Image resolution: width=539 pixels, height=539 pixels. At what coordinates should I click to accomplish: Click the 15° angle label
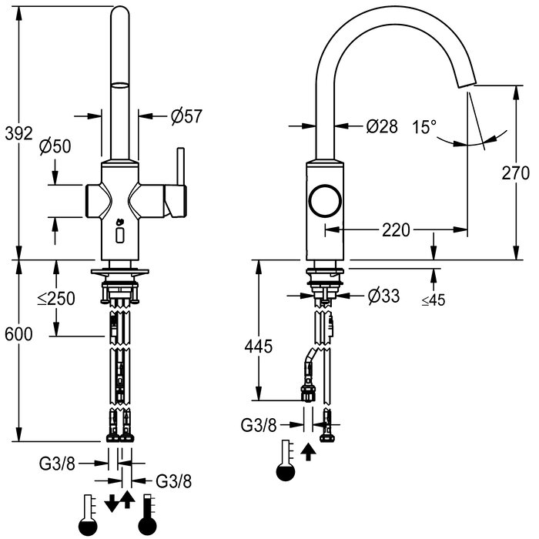pyautogui.click(x=423, y=126)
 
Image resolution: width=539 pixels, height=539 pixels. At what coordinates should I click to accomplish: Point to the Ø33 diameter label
pyautogui.click(x=383, y=295)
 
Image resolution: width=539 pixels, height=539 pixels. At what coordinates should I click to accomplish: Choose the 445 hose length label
pyautogui.click(x=259, y=346)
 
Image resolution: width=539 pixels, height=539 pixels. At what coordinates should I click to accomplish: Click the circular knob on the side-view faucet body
pyautogui.click(x=323, y=202)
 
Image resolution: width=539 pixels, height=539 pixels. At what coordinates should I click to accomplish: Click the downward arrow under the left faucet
pyautogui.click(x=112, y=503)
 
